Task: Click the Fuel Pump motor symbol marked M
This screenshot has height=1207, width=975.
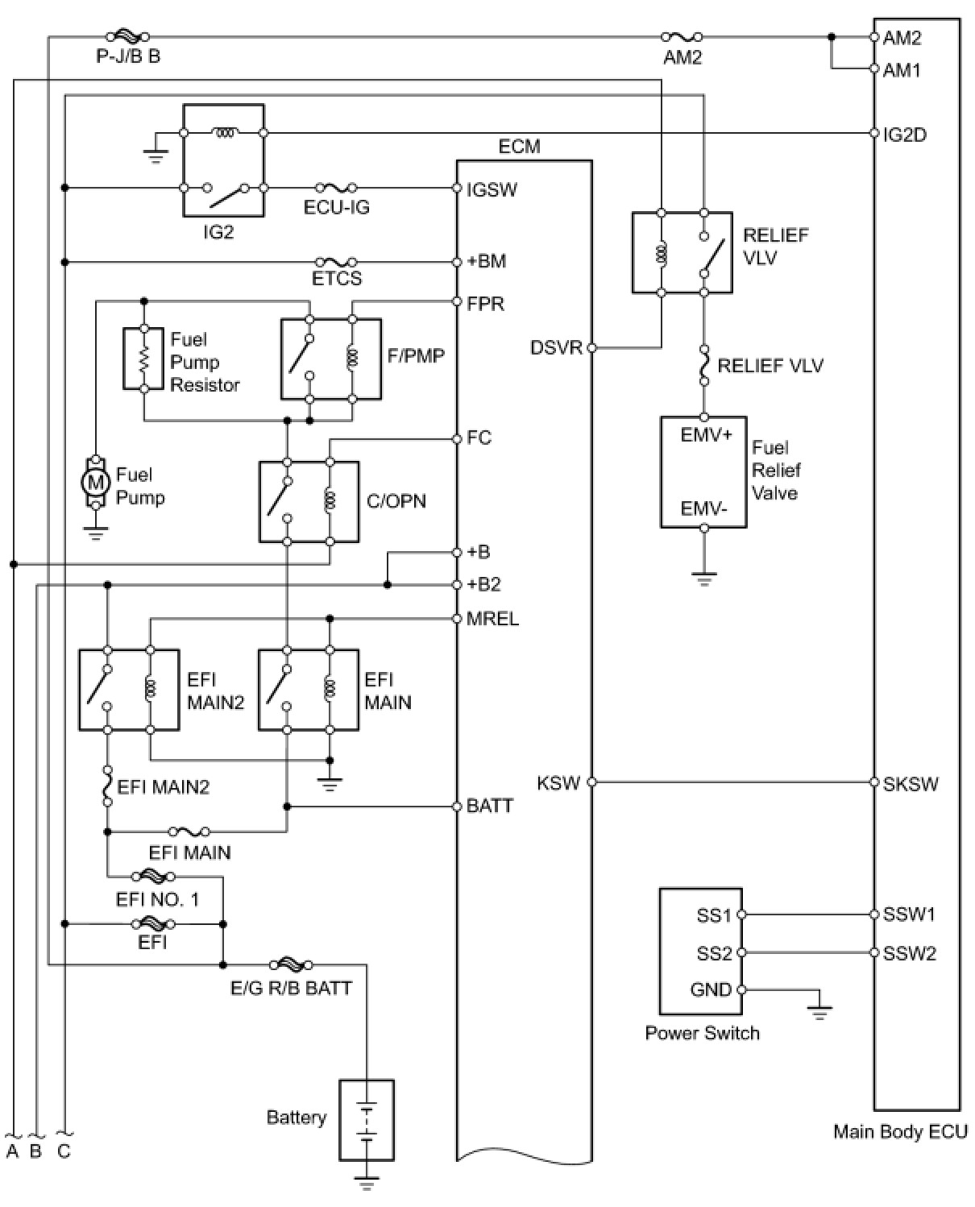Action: (96, 482)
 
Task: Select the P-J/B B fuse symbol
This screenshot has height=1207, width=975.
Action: (129, 37)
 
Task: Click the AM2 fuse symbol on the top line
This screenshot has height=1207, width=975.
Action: (682, 37)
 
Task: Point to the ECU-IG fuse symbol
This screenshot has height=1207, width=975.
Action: (336, 187)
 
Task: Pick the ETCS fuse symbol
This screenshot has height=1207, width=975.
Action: (336, 262)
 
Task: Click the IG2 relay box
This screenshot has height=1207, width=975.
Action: (223, 160)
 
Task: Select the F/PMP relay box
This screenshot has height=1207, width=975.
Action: (331, 359)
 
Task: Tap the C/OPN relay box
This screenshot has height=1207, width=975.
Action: (309, 501)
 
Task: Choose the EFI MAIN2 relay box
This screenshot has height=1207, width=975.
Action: (129, 690)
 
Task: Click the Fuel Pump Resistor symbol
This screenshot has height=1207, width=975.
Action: (144, 358)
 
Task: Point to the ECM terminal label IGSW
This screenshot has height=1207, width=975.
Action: (492, 189)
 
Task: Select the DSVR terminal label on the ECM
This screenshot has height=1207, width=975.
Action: (556, 347)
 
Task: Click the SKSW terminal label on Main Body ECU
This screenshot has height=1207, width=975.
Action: (911, 784)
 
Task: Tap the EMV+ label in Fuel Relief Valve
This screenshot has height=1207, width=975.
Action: (707, 434)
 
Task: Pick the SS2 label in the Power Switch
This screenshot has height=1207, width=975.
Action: (715, 953)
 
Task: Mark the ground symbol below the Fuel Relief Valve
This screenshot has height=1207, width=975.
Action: (703, 579)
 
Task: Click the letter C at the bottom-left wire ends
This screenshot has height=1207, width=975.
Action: (64, 1151)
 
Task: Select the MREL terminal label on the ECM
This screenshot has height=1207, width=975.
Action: (492, 618)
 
